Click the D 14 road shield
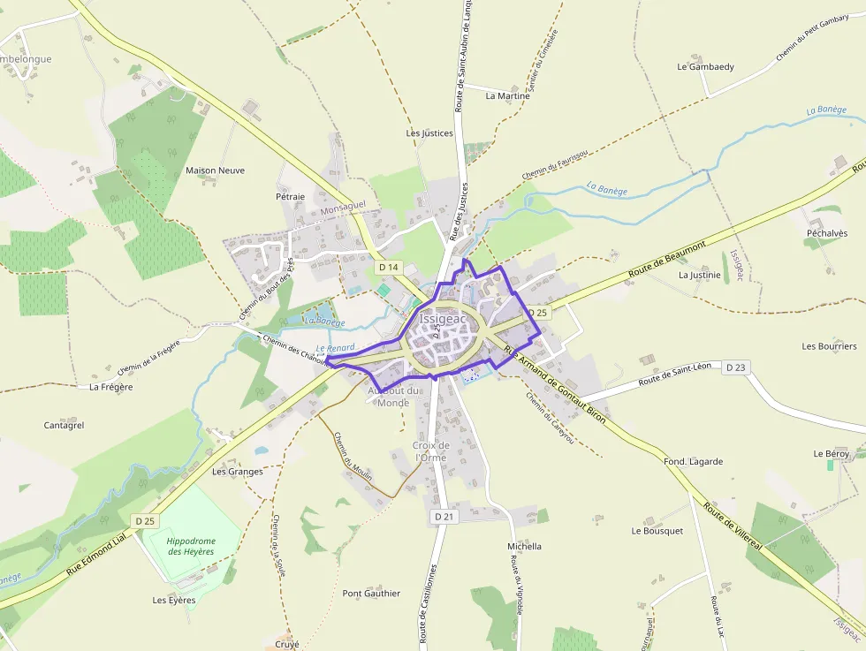(x=389, y=267)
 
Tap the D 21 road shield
(x=444, y=516)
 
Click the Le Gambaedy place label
(x=705, y=66)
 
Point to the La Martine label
(x=508, y=95)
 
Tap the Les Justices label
(x=429, y=133)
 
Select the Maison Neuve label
(x=215, y=170)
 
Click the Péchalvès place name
(x=826, y=233)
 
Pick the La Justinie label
(x=699, y=275)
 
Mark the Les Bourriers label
(x=829, y=345)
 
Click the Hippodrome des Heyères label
(x=191, y=546)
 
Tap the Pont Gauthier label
(x=371, y=593)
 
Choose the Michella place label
(x=524, y=546)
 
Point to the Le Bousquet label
(x=657, y=531)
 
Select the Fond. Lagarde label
(x=693, y=461)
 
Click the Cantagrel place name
(x=64, y=425)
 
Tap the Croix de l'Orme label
(x=431, y=451)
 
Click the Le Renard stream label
(x=335, y=348)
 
